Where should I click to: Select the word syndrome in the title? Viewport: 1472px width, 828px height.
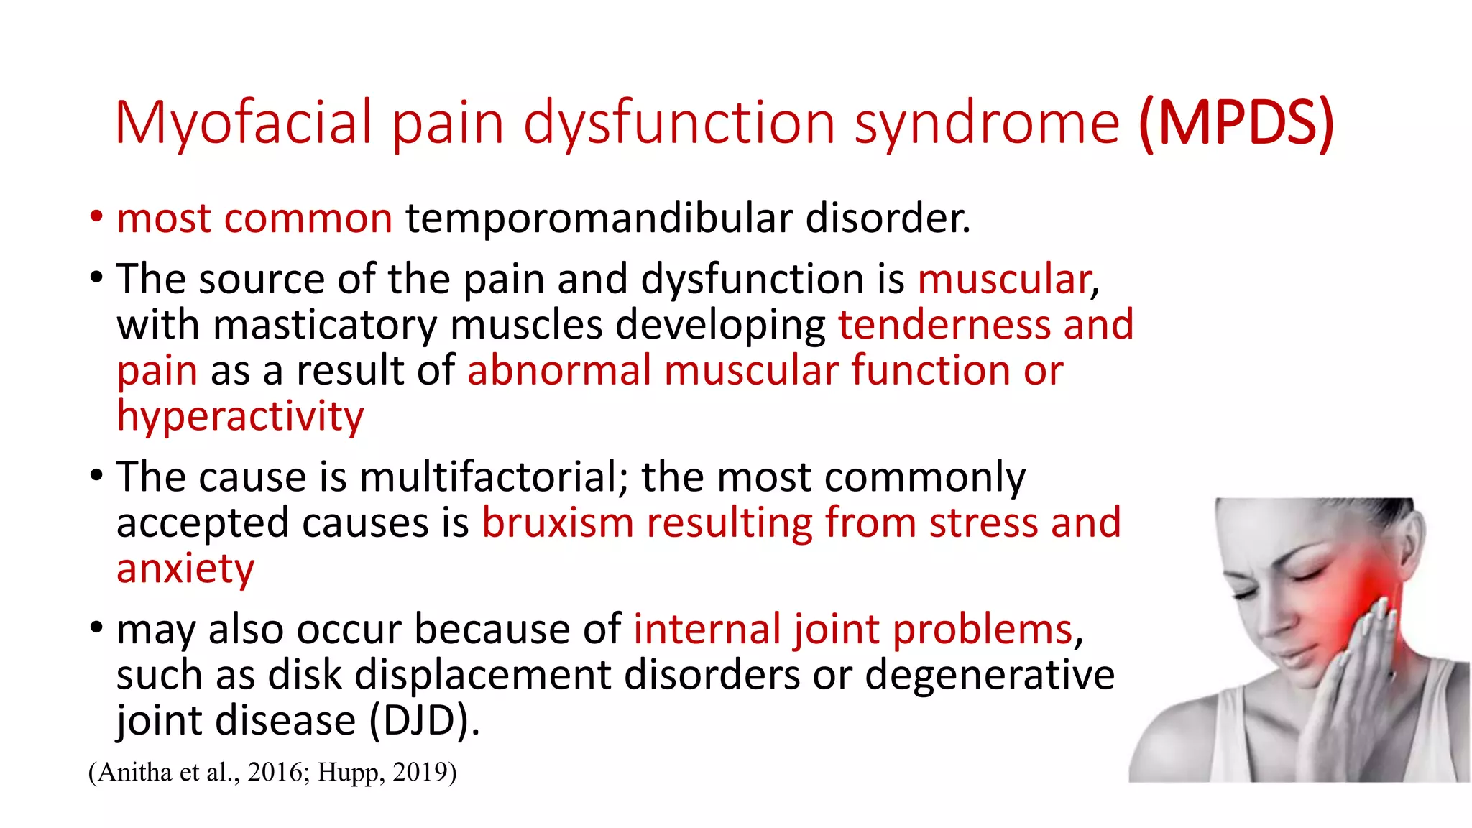[x=986, y=124]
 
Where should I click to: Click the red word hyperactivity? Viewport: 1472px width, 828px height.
[x=240, y=417]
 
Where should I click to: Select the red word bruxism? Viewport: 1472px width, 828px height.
[x=557, y=523]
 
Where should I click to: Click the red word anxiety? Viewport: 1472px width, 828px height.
[x=185, y=569]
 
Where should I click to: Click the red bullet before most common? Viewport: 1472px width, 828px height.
[x=96, y=217]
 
